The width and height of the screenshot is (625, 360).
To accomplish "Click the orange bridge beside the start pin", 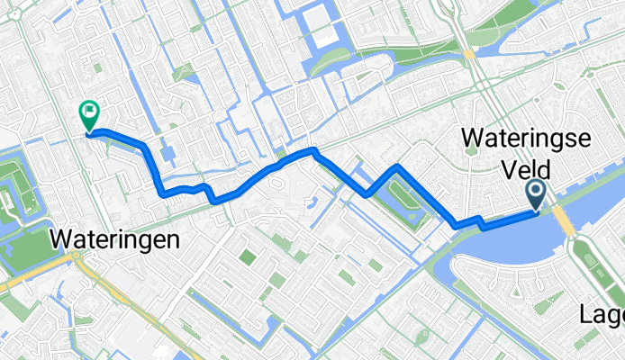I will [x=564, y=219].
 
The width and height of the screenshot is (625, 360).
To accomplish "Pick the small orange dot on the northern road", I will [x=468, y=54].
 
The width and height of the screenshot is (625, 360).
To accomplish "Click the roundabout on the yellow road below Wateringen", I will [x=77, y=256].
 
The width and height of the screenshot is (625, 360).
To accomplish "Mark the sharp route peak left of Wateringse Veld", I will [x=397, y=167].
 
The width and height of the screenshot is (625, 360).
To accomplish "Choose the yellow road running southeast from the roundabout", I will [x=126, y=297].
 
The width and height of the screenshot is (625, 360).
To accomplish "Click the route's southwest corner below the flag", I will [x=162, y=192].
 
